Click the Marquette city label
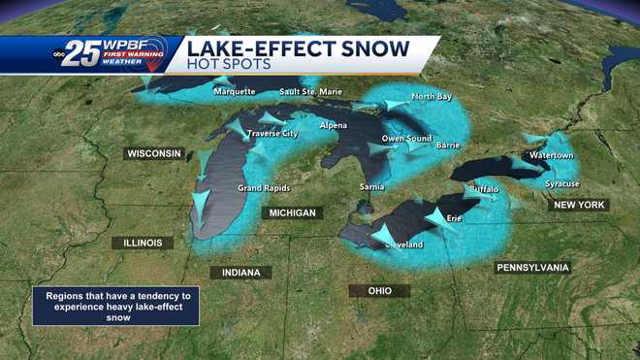click(235, 92)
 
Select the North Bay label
click(431, 96)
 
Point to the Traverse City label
click(272, 133)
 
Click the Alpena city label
click(334, 127)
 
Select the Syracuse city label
click(561, 183)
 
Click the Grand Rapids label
click(262, 187)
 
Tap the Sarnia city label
click(372, 185)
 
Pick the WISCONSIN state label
click(154, 153)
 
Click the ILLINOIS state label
click(142, 243)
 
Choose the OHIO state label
click(379, 290)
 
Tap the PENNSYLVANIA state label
click(532, 267)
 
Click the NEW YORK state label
click(578, 205)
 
